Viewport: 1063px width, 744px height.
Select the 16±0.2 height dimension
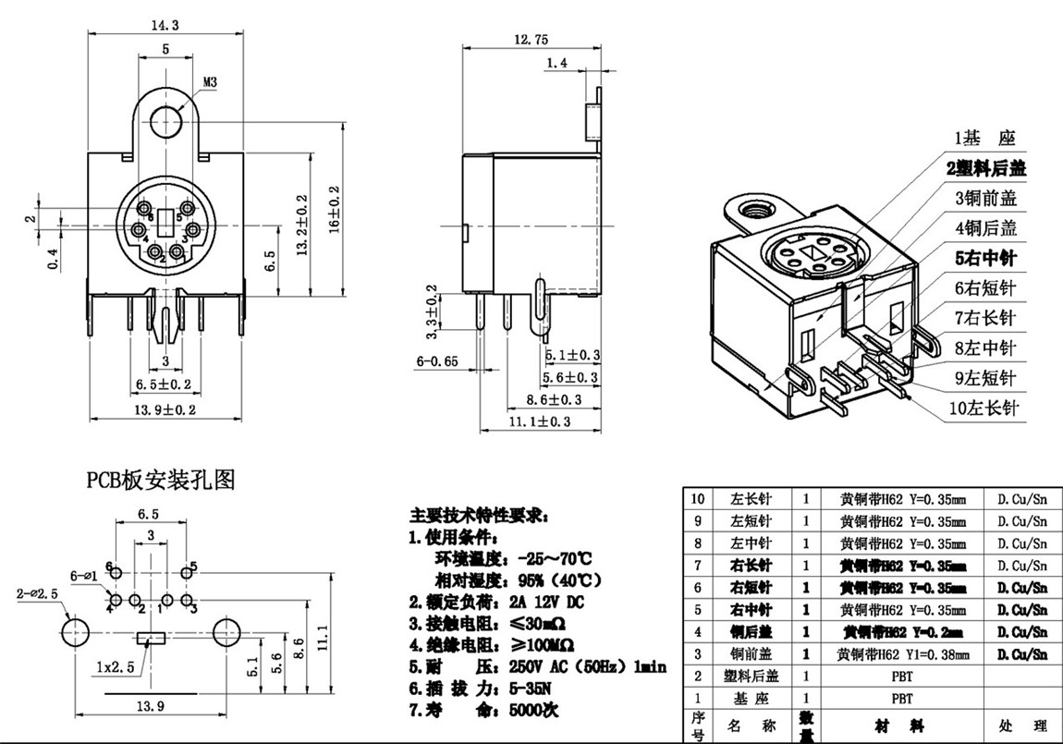[334, 209]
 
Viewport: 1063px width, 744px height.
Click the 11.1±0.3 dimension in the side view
[540, 421]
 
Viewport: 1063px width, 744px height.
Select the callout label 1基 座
[984, 139]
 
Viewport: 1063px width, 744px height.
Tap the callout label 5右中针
[984, 259]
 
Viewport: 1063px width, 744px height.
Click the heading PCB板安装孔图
[162, 480]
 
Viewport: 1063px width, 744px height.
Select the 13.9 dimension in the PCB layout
[150, 705]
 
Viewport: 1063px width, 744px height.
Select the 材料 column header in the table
[901, 726]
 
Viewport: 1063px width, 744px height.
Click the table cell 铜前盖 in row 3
[751, 654]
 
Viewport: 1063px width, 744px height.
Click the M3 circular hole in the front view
[167, 121]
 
